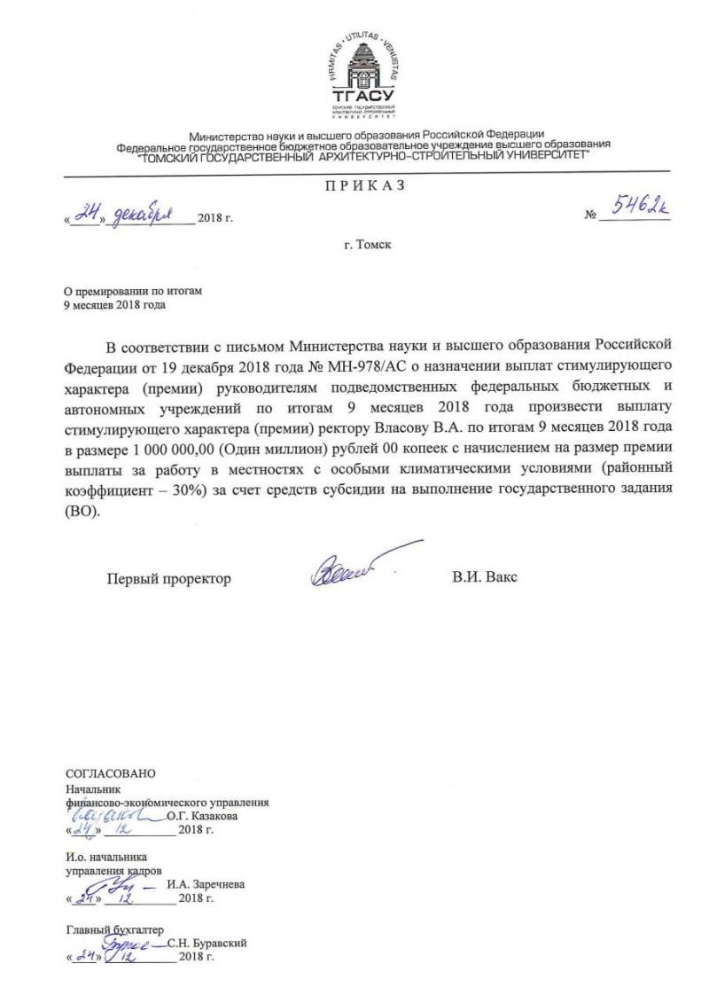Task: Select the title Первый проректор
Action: (x=168, y=578)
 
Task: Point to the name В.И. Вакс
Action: (x=485, y=578)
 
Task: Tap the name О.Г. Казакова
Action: (x=202, y=816)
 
